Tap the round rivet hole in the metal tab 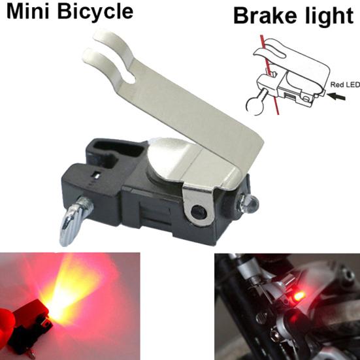click(x=199, y=210)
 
